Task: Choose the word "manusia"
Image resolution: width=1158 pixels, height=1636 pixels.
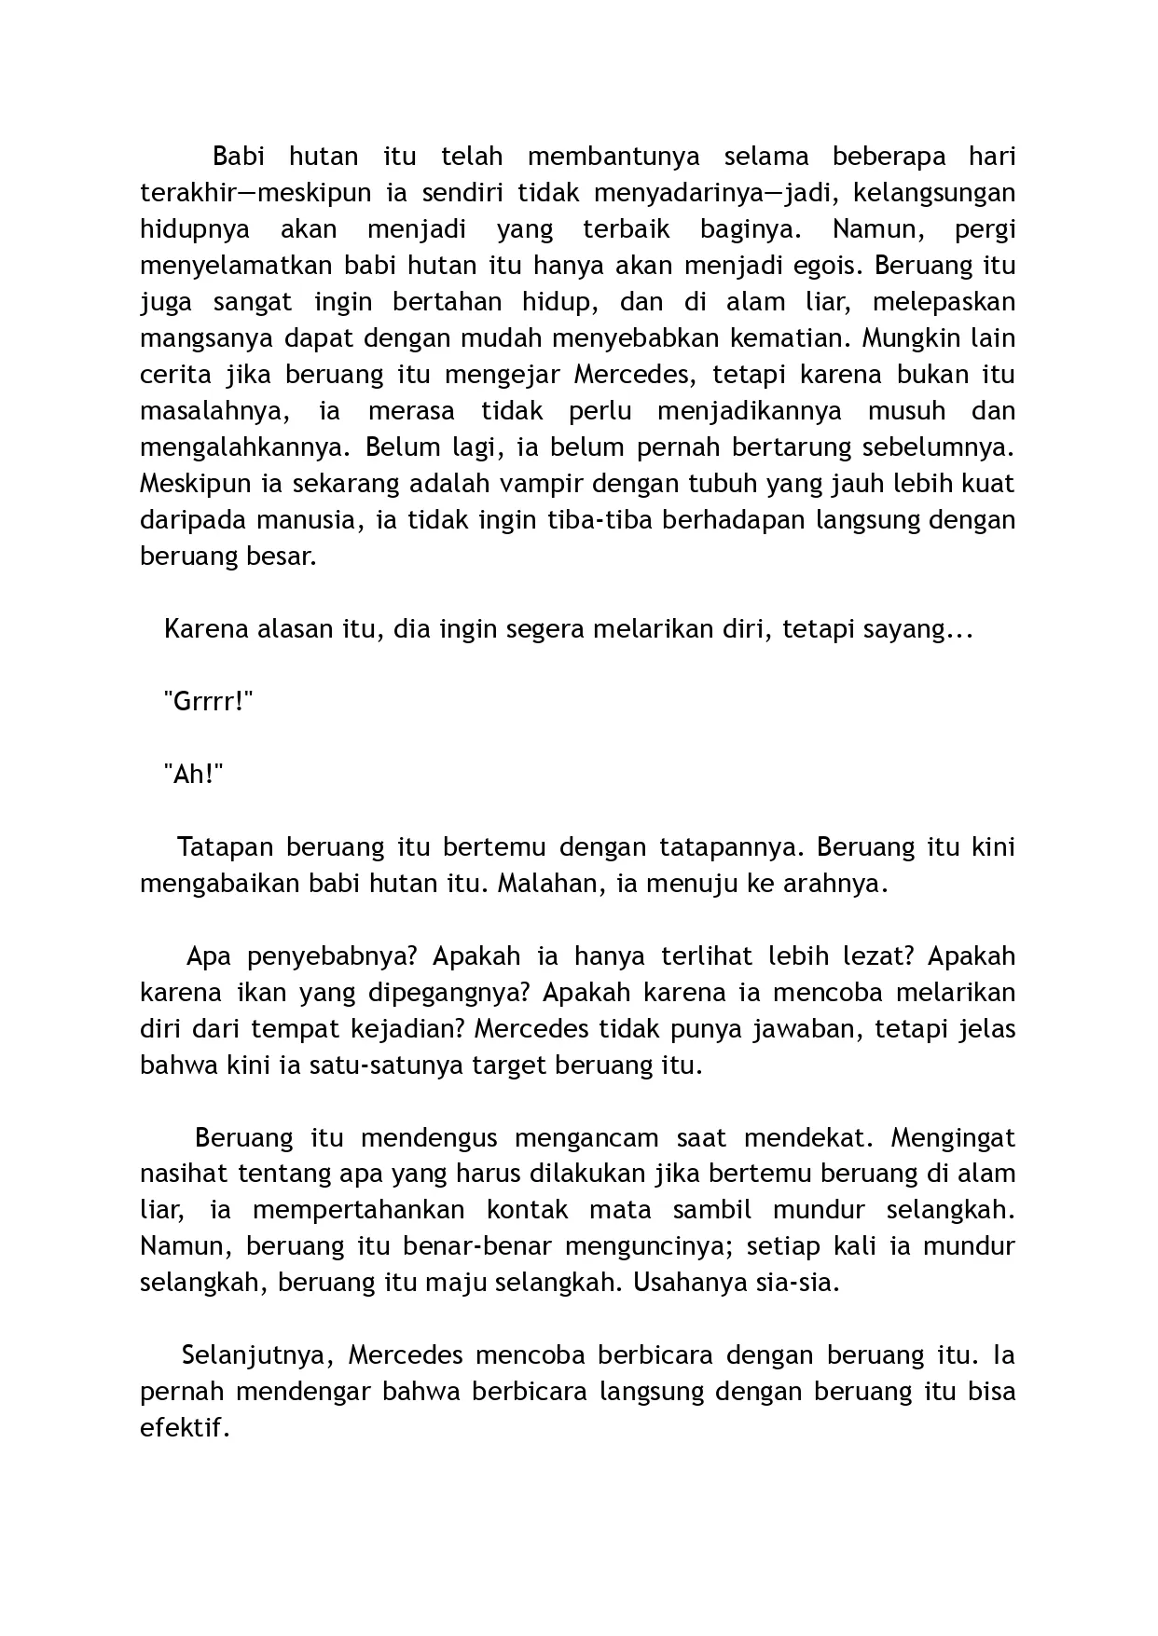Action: (x=311, y=519)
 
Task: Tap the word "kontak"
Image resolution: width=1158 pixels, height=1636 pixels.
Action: (x=527, y=1210)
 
